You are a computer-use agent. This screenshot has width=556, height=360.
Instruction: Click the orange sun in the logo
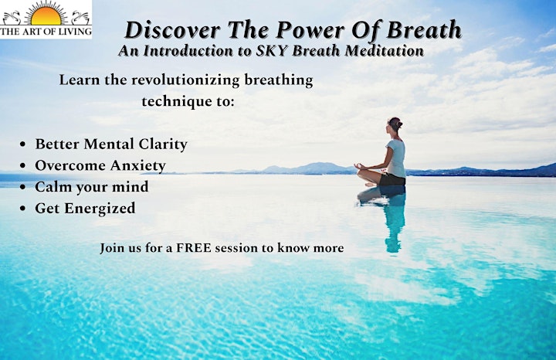click(46, 16)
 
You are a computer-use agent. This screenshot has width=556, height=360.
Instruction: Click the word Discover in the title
click(172, 30)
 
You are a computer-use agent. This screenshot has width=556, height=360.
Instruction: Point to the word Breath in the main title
click(424, 29)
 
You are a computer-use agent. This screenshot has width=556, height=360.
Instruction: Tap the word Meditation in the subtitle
click(385, 51)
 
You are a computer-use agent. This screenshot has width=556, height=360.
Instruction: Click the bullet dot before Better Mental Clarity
click(23, 144)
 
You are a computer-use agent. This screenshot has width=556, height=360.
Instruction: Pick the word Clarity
click(163, 144)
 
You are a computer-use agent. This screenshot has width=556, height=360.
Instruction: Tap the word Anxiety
click(137, 166)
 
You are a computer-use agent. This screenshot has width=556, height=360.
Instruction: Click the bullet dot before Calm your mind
click(23, 187)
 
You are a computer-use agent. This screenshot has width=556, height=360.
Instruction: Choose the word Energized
click(100, 209)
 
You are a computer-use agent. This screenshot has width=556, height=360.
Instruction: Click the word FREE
click(193, 247)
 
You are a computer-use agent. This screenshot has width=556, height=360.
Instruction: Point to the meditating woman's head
click(395, 125)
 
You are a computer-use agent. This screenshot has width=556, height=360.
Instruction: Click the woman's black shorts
click(392, 180)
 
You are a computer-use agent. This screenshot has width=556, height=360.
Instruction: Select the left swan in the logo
click(12, 18)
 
